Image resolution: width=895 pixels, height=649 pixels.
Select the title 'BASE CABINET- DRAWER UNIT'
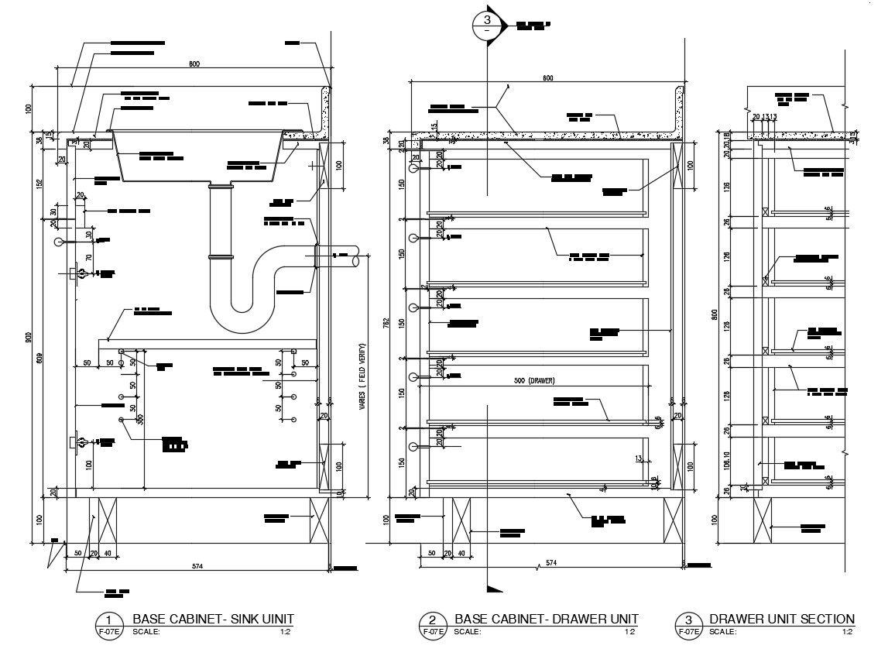547,619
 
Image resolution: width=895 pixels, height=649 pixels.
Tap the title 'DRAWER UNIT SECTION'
782,619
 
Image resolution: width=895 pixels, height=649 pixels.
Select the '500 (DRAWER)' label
535,380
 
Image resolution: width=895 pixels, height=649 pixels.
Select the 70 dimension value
89,257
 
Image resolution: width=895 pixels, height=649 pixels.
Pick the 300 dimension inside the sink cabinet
140,419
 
